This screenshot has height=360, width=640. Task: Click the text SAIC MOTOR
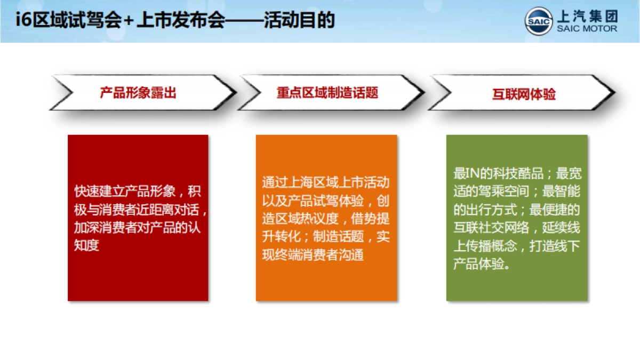587,29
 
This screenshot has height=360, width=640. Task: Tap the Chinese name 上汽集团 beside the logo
587,16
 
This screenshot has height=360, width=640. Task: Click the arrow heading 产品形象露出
138,93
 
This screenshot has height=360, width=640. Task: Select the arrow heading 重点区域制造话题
327,93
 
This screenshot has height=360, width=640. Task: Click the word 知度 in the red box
87,246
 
